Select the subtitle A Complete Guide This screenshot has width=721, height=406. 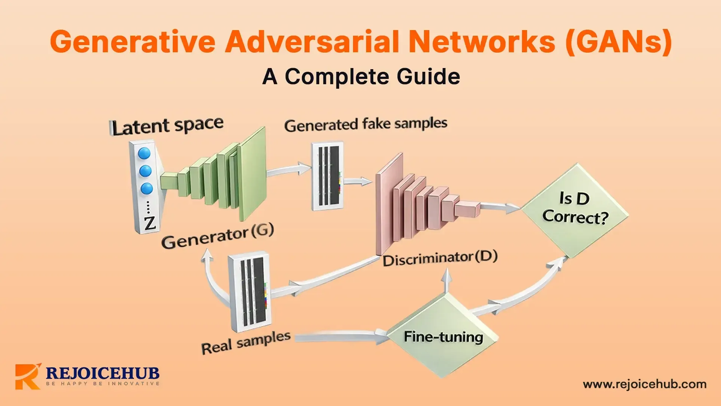tap(361, 77)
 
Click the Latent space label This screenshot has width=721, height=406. tap(167, 126)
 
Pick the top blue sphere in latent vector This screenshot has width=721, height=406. tap(144, 153)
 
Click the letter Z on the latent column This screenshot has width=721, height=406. tap(149, 223)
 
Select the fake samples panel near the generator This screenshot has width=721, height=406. tap(327, 176)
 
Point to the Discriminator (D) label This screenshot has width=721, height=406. tap(440, 259)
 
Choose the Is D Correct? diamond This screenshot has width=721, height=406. tap(575, 211)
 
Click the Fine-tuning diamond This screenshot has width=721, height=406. tap(443, 336)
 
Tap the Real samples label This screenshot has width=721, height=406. tap(246, 342)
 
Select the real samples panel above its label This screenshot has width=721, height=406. tap(250, 291)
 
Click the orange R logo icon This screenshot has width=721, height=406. tap(27, 376)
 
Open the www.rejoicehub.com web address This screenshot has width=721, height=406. tap(644, 384)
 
